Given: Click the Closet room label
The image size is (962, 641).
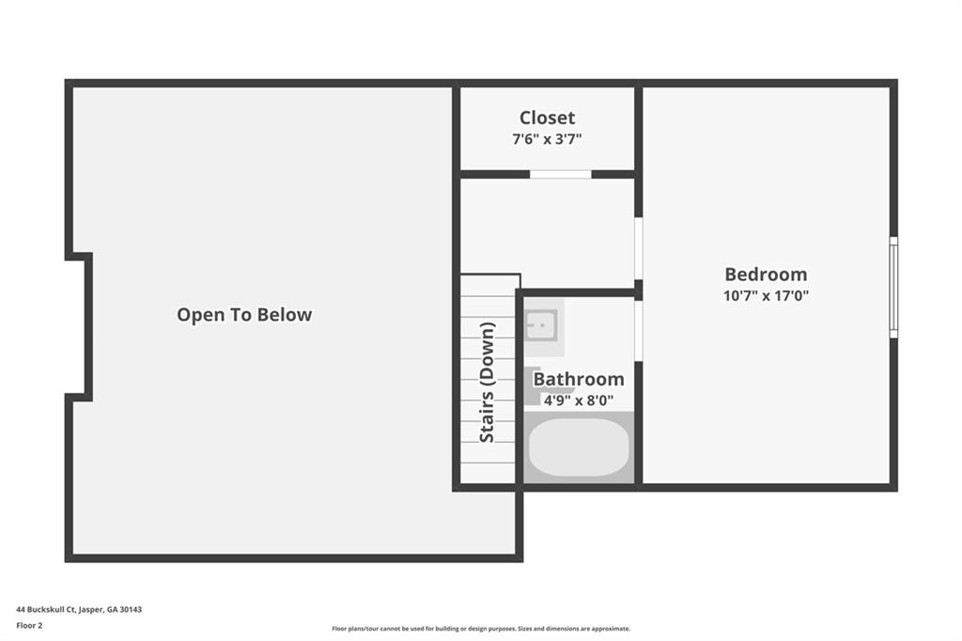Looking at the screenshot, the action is (x=547, y=117).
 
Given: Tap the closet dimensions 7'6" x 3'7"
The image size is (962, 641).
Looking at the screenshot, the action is (x=547, y=139).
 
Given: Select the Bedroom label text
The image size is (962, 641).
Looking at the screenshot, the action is (x=766, y=274).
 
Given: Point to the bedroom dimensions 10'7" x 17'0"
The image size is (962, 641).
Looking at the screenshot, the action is (x=766, y=295).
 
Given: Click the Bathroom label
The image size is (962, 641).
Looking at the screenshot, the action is (x=579, y=379).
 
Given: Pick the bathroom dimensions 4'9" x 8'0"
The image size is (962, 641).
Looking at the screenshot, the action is (x=579, y=400).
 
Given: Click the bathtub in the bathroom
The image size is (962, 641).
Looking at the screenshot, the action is (x=579, y=447).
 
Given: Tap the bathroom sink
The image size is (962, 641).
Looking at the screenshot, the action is (x=541, y=325).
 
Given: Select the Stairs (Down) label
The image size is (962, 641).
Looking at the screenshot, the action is (x=487, y=382).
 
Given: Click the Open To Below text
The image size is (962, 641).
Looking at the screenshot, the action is (x=244, y=314).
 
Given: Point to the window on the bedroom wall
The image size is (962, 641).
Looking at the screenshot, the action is (x=894, y=288).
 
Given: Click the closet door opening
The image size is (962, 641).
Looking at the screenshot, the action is (x=560, y=175).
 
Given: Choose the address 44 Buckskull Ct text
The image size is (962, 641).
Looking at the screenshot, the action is (x=45, y=610).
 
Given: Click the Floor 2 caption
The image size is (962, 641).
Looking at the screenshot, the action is (x=29, y=626).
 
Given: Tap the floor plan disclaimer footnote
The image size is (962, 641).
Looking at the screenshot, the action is (x=481, y=629).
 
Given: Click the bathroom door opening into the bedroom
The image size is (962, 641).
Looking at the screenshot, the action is (x=638, y=330).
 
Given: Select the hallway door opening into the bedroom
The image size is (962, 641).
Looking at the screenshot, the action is (x=638, y=248).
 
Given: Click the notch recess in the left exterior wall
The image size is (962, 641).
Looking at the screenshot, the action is (x=79, y=327).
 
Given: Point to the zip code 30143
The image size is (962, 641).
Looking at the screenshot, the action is (x=131, y=610).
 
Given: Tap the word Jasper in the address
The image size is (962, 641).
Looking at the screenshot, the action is (x=91, y=610).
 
